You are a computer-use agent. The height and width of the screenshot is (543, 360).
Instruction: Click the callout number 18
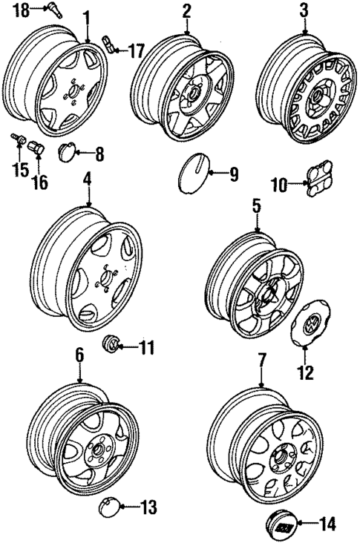pyautogui.click(x=22, y=10)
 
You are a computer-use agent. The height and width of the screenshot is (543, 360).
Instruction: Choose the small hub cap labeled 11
pyautogui.click(x=110, y=344)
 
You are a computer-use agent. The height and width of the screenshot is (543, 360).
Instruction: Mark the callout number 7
pyautogui.click(x=261, y=361)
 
